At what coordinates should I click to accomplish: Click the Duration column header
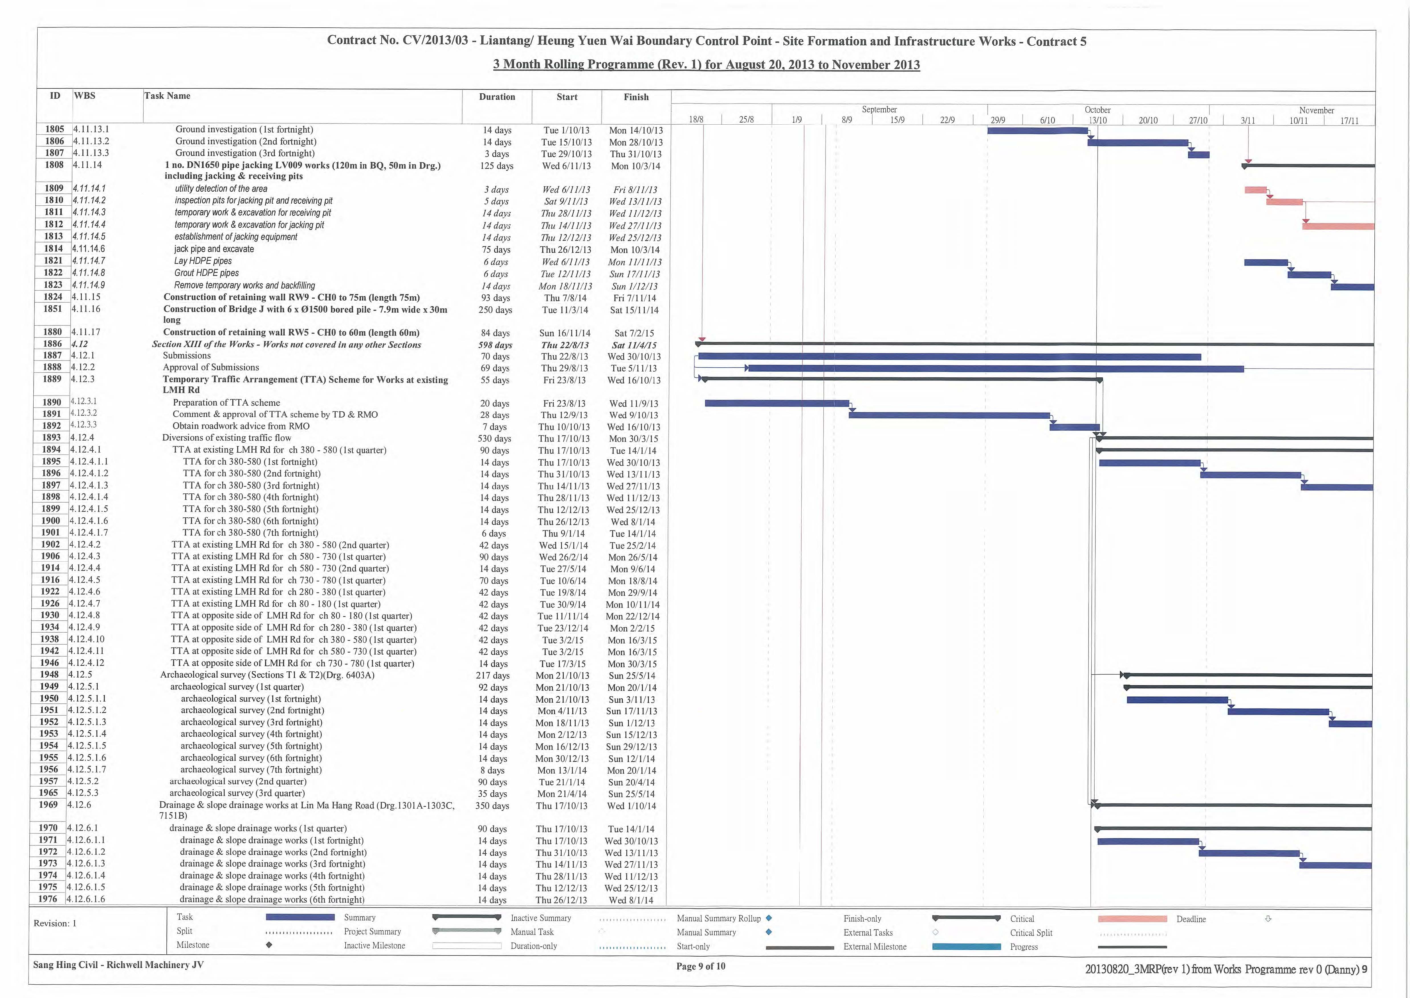point(497,97)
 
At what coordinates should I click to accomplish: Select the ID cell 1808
point(54,165)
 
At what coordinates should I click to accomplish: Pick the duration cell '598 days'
point(495,345)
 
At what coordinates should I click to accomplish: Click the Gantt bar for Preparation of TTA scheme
point(777,403)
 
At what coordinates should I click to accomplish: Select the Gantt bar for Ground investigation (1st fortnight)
point(1037,130)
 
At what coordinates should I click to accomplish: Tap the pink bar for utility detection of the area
point(1255,190)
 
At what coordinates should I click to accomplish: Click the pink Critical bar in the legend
point(1132,919)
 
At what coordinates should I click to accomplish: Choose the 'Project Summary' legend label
point(372,932)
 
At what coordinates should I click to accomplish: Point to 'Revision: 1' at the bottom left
point(55,923)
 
